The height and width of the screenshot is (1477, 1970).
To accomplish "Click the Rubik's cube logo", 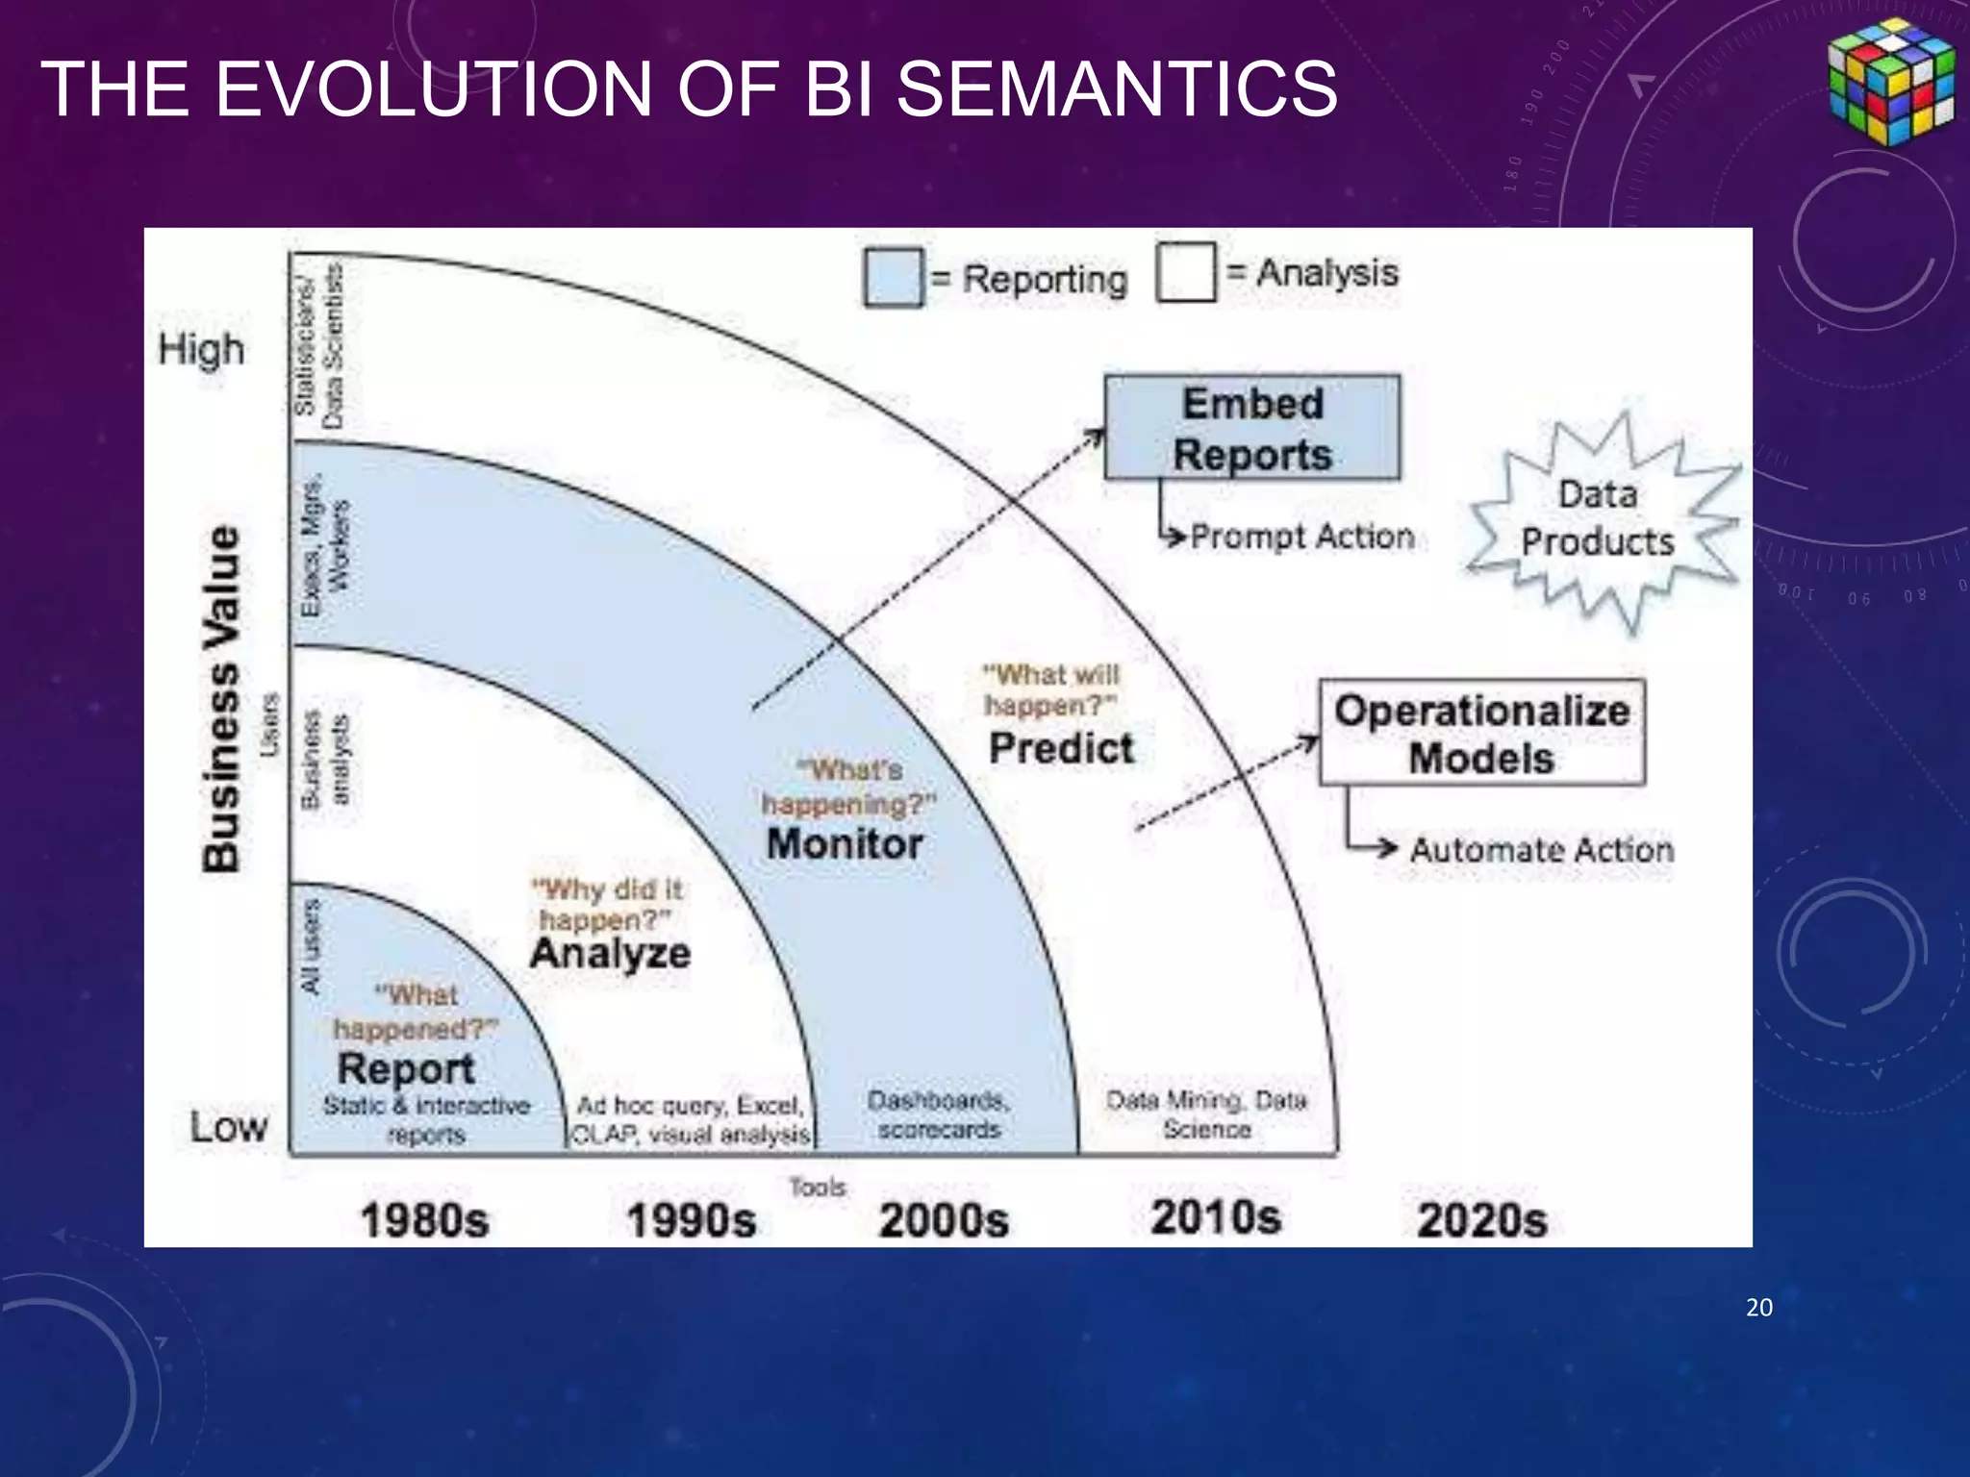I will click(x=1890, y=82).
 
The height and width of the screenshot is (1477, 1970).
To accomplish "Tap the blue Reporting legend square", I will click(x=894, y=278).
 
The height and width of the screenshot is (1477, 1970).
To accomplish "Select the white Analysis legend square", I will click(x=1186, y=272).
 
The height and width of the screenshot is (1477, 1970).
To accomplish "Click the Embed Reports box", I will click(x=1251, y=428).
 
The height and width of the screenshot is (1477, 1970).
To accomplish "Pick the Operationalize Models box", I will click(x=1481, y=734).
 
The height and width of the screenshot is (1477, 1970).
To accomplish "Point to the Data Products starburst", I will click(x=1600, y=519).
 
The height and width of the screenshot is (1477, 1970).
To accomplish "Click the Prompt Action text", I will click(x=1301, y=537).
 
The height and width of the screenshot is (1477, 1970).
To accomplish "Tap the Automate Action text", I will click(x=1541, y=850).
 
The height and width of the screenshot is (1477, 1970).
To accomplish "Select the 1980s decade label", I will click(x=424, y=1221).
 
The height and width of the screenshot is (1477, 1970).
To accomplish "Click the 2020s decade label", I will click(x=1481, y=1220).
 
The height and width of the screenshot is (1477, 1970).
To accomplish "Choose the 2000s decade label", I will click(x=944, y=1220).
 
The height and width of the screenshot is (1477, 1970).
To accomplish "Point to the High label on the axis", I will click(x=201, y=349).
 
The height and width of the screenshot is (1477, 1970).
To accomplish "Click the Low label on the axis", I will click(x=228, y=1127).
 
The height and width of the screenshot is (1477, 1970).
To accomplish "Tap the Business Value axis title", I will click(x=222, y=699).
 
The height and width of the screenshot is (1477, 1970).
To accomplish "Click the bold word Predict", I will click(x=1061, y=748).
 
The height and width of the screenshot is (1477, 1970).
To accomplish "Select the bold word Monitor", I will click(x=845, y=844).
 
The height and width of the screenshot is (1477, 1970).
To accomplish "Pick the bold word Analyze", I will click(x=610, y=953).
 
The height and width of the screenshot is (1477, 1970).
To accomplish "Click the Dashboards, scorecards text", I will click(x=939, y=1114).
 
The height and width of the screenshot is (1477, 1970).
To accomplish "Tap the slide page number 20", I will click(x=1758, y=1307).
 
